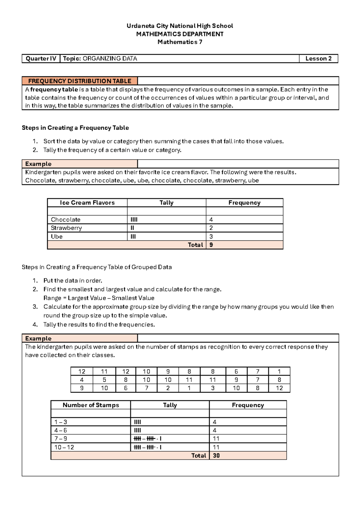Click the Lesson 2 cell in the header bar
click(318, 59)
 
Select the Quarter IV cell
click(41, 59)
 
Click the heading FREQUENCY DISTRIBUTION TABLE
click(79, 81)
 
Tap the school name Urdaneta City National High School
click(180, 26)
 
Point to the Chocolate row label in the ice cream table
click(66, 220)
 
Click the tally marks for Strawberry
click(132, 228)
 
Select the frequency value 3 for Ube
click(211, 236)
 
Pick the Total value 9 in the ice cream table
click(211, 245)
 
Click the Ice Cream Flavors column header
click(87, 203)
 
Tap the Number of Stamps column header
click(91, 405)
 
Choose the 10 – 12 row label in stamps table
click(64, 447)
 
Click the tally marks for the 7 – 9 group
click(148, 439)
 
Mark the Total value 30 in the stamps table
click(216, 456)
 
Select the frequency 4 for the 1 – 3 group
click(214, 422)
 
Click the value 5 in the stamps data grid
click(104, 380)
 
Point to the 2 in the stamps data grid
click(168, 388)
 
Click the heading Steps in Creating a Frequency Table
click(75, 128)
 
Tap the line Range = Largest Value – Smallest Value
click(99, 298)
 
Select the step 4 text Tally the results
click(99, 324)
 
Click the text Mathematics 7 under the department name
click(180, 42)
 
